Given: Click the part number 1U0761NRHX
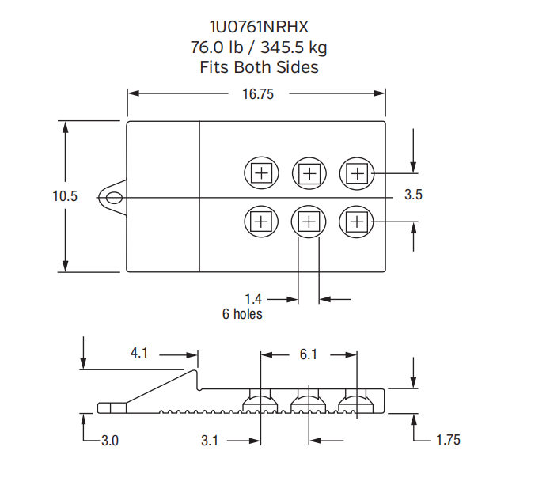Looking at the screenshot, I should [258, 29].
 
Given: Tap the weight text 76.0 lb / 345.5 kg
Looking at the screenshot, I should [258, 48].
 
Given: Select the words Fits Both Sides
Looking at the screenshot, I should [258, 67].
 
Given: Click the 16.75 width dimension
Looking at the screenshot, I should [257, 94].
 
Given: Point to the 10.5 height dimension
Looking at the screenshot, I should [65, 196].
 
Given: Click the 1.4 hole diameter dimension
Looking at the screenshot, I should [253, 299].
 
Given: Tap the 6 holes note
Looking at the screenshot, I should [242, 314].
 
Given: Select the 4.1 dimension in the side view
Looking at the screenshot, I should [139, 353].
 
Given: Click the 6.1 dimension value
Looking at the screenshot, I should [308, 355].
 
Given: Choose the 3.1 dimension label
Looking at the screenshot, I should [209, 441].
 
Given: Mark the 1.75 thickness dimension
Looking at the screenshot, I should [448, 440].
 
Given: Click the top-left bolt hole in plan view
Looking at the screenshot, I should [260, 172].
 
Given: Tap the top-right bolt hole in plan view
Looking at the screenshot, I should [358, 172].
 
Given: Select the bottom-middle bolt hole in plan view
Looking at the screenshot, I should [309, 222].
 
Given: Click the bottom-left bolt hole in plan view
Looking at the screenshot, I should [260, 222].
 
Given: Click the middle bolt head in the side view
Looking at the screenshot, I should [309, 404].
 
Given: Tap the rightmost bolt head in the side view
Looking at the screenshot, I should [357, 404].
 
